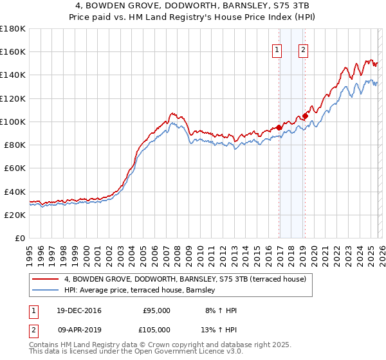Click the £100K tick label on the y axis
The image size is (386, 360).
[x=13, y=122]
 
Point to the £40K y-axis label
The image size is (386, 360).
[x=15, y=192]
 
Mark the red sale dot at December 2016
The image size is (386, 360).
[x=279, y=127]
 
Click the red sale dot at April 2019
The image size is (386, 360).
[x=305, y=116]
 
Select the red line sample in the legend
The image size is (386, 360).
[x=45, y=279]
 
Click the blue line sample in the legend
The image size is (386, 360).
[x=45, y=291]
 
